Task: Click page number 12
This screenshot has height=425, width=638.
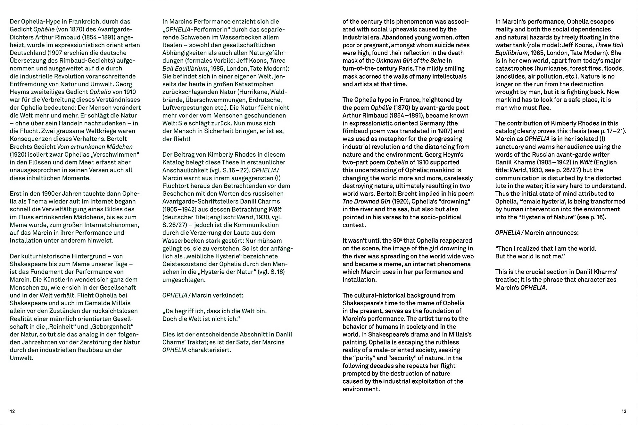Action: pos(12,412)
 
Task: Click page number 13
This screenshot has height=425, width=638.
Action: pos(624,412)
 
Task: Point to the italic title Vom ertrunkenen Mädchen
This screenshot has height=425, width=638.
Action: pos(95,147)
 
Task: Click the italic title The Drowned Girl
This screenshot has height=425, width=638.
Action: pos(366,201)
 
